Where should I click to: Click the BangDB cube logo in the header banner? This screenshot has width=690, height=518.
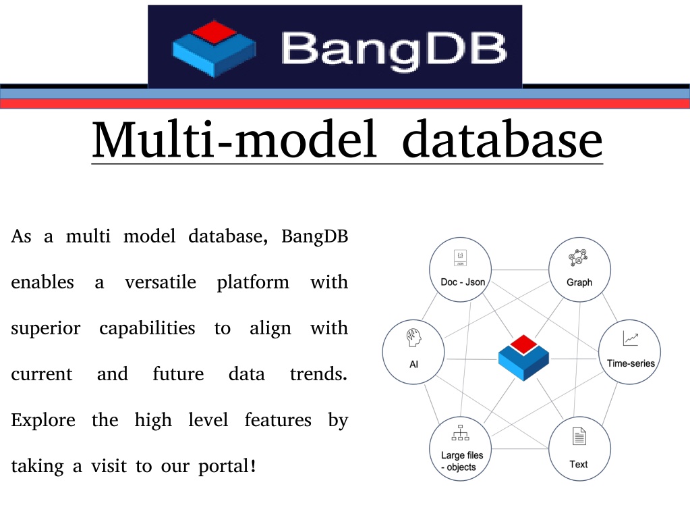click(x=214, y=48)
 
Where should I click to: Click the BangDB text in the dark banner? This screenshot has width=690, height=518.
click(x=395, y=51)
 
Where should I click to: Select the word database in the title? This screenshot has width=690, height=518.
click(x=502, y=139)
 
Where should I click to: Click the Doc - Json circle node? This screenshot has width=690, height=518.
click(x=460, y=269)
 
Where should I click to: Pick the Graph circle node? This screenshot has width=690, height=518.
click(x=579, y=269)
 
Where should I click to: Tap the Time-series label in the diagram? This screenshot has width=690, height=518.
click(x=631, y=363)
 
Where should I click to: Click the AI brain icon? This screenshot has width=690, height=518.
click(x=413, y=338)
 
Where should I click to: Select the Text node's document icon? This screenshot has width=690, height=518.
click(x=579, y=436)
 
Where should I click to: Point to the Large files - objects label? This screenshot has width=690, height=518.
click(x=461, y=461)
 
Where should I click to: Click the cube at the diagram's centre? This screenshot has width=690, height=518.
click(x=523, y=357)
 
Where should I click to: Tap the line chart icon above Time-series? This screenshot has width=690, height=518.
click(x=631, y=338)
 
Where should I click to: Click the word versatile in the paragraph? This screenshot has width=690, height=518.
click(x=160, y=282)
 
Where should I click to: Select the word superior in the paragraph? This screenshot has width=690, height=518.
click(x=46, y=329)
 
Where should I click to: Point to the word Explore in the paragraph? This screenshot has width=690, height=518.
click(x=43, y=420)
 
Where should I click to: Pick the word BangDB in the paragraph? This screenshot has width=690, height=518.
click(x=314, y=236)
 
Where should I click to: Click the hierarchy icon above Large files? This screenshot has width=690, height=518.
click(x=460, y=432)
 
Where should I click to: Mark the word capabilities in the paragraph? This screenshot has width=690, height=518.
click(x=147, y=329)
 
